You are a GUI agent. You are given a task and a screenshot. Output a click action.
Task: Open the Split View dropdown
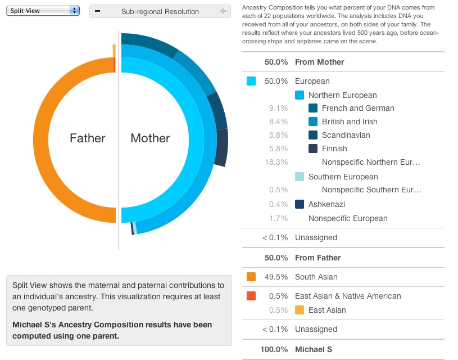point(43,11)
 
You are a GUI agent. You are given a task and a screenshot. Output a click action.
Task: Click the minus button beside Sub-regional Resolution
point(98,11)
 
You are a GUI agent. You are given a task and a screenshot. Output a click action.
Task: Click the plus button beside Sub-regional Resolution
point(223,11)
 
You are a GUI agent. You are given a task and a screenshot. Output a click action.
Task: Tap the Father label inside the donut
point(87,138)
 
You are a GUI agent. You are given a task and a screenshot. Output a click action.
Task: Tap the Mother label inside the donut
point(150,138)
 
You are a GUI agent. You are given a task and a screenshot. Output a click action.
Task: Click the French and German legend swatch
point(313,108)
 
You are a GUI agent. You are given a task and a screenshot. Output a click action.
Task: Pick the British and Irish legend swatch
point(313,121)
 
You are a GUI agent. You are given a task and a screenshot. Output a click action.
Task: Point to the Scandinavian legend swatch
point(313,135)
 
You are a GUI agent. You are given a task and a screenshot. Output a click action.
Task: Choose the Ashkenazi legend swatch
point(300,204)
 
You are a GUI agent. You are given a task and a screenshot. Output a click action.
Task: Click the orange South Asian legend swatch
point(251,277)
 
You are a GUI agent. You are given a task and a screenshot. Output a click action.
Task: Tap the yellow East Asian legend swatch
point(300,310)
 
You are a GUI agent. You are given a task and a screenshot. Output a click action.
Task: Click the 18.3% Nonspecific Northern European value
point(277,162)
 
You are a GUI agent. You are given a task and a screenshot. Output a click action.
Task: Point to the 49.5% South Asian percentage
point(276,277)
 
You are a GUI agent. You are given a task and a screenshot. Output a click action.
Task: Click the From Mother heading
point(319,62)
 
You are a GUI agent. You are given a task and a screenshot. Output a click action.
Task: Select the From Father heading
point(318,258)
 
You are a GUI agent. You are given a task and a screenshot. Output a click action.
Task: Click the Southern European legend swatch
point(300,177)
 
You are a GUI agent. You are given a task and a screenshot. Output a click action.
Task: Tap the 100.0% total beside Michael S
point(275,349)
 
